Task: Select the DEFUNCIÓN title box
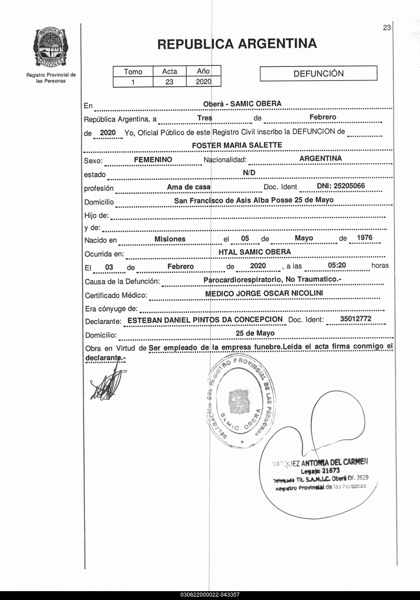(318, 73)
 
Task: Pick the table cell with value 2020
(203, 82)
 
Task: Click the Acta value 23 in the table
(169, 82)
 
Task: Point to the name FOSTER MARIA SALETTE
(237, 145)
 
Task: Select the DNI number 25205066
(341, 186)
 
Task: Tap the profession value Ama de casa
(189, 187)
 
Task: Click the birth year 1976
(364, 238)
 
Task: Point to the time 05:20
(337, 265)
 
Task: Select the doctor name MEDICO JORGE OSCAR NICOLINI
(264, 293)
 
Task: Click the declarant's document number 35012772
(355, 319)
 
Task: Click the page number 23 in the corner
(387, 28)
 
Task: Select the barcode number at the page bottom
(210, 595)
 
